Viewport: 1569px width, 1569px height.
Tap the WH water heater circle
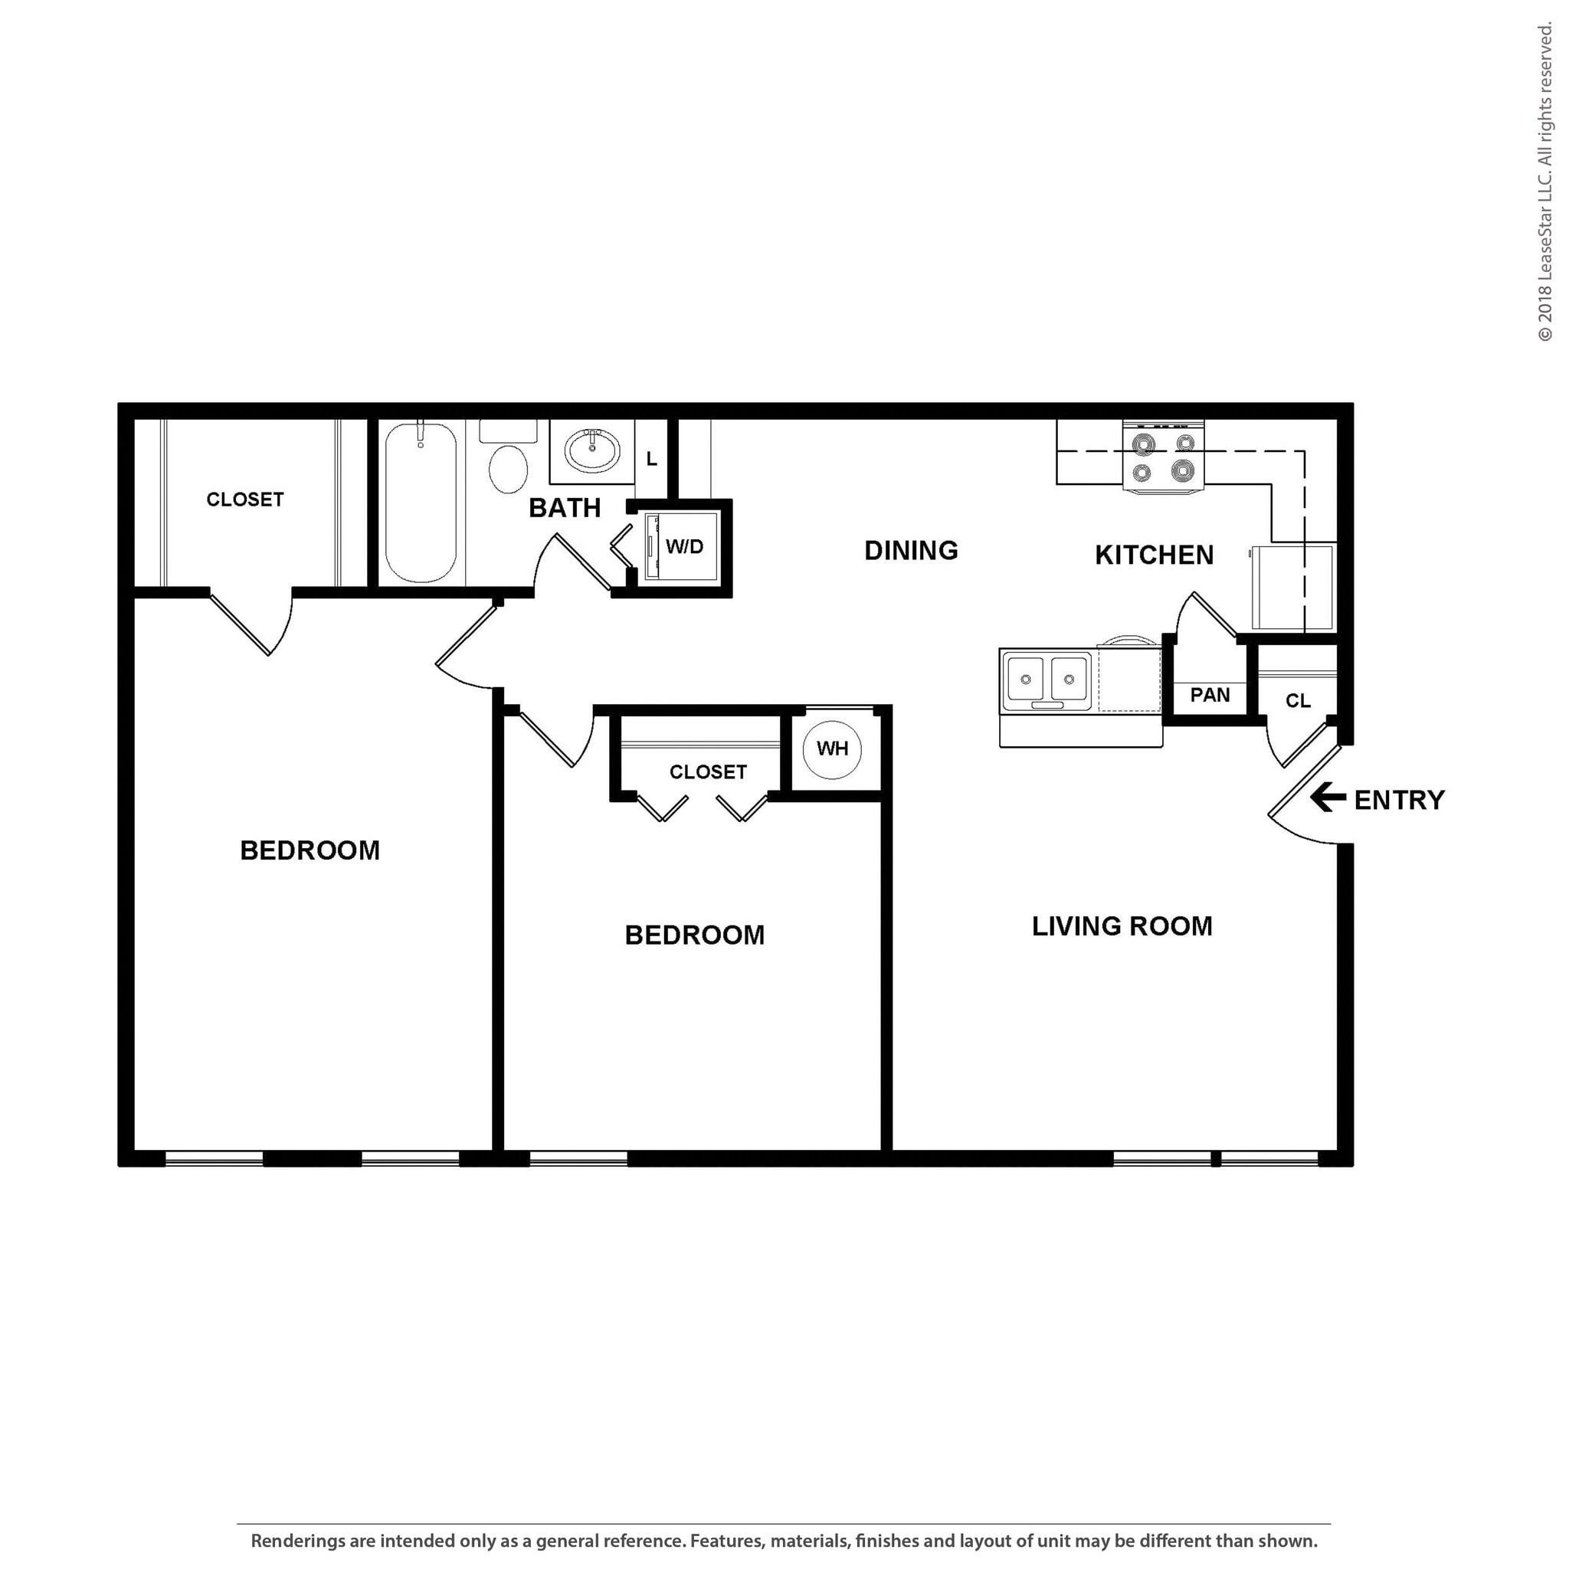(x=833, y=748)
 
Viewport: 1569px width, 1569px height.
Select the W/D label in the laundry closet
(x=685, y=546)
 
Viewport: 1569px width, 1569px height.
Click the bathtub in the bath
(x=420, y=503)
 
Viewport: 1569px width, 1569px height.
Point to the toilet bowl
(x=509, y=468)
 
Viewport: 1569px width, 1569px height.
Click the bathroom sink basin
(x=593, y=450)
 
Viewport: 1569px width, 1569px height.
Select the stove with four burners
(x=1163, y=457)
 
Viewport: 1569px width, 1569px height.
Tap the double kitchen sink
(x=1047, y=678)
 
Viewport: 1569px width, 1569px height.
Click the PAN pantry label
(x=1210, y=695)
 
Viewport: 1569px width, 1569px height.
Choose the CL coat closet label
(x=1298, y=701)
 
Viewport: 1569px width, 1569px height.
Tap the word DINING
(x=910, y=551)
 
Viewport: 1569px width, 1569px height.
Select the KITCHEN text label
(x=1154, y=555)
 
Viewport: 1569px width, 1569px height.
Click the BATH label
(x=565, y=509)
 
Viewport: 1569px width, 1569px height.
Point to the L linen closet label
(x=651, y=460)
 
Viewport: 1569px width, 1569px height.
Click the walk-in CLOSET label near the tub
(x=244, y=500)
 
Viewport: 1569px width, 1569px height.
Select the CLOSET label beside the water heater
(x=707, y=772)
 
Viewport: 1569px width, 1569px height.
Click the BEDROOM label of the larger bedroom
(x=310, y=850)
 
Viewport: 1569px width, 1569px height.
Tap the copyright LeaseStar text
(x=1544, y=183)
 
